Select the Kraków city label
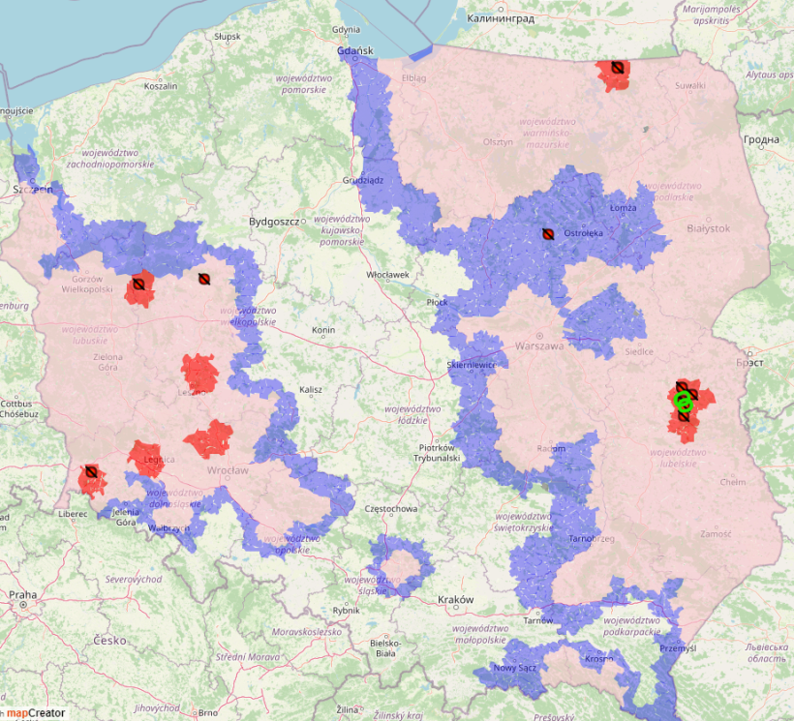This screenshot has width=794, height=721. coord(455,600)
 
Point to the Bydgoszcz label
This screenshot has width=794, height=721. coord(276,222)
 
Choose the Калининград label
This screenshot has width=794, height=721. coord(500,18)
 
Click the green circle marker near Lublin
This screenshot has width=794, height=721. coord(683,401)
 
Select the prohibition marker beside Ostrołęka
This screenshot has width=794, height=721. coord(547,233)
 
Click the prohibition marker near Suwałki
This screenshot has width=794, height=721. coord(616,68)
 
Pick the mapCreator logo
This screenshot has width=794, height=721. coord(35,712)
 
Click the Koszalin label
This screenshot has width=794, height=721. coord(160,86)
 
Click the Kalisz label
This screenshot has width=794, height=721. coord(310,390)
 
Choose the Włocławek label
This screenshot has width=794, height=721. coord(387,275)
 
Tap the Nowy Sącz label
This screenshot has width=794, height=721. coord(513,668)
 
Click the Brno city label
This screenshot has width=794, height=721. coord(207,712)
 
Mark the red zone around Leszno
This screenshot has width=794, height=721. coord(199,372)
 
